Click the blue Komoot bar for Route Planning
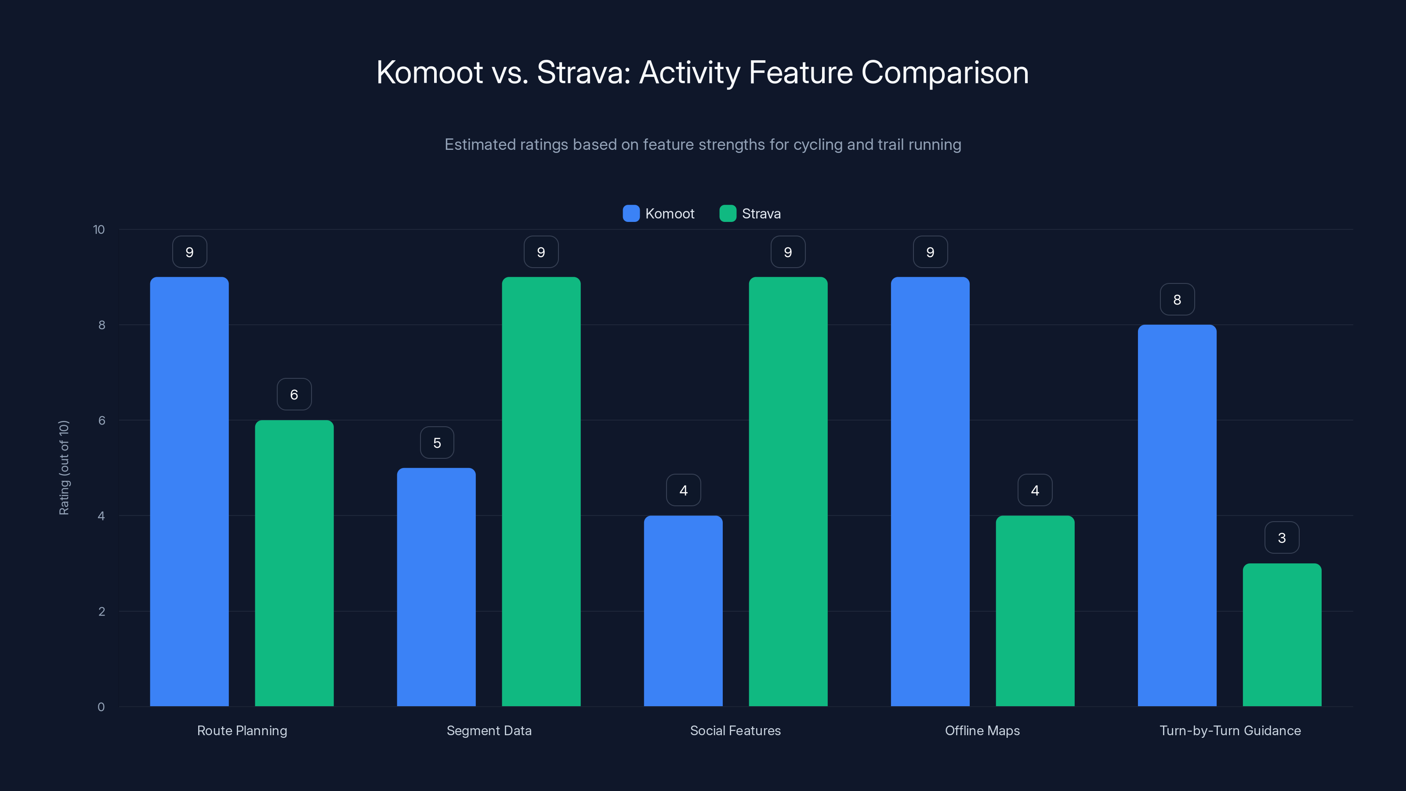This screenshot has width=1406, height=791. (x=189, y=491)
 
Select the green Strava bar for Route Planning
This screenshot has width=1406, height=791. (x=294, y=562)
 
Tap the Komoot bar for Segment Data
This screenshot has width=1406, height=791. (x=436, y=587)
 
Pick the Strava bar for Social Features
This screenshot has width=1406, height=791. (x=788, y=491)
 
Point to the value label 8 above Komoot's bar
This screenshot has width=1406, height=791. (x=1177, y=300)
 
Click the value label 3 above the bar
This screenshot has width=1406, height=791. (x=1282, y=538)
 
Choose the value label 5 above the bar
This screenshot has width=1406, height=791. (x=437, y=443)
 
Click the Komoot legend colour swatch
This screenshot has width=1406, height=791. (x=631, y=214)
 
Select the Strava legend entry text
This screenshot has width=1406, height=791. (x=761, y=214)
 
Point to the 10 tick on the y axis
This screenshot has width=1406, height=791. (x=99, y=229)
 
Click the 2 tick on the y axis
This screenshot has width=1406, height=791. (x=101, y=611)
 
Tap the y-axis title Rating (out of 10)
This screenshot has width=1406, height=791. (x=64, y=467)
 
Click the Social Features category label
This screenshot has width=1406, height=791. (x=735, y=730)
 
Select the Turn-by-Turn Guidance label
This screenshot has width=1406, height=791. (x=1230, y=730)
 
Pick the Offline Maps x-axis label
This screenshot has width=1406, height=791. (x=982, y=730)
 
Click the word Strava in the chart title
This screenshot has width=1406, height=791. (x=583, y=73)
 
